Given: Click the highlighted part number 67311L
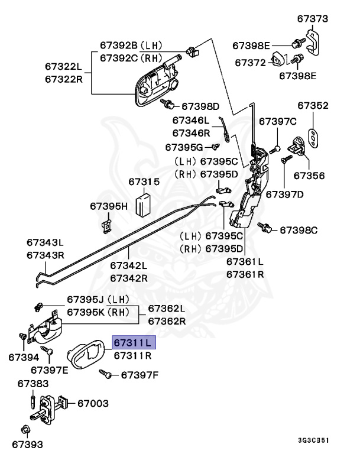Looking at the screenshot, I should point(133,342).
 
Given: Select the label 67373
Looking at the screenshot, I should point(312,19).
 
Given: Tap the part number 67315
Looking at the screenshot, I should point(144,182).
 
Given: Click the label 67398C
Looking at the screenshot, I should point(299,229).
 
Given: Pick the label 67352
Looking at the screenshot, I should point(313,106).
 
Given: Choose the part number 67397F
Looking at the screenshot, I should point(141,374).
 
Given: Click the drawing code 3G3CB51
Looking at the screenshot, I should point(313,440).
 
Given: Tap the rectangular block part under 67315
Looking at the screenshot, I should point(144,205).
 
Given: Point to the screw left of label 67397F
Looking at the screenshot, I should point(106,374).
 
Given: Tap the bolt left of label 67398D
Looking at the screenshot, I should point(168,106).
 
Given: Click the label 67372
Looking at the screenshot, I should point(253,61).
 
